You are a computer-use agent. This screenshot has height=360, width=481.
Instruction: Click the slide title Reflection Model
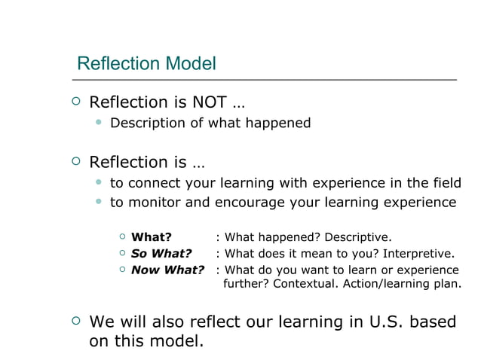coord(146,63)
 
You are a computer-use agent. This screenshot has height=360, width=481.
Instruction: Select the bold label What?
coord(152,238)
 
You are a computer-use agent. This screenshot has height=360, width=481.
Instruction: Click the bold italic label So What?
coord(161,254)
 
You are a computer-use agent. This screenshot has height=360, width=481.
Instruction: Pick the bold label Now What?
coord(167,270)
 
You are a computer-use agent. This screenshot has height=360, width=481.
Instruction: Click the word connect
coord(155,183)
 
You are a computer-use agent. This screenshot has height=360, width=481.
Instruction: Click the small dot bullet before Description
coord(98,122)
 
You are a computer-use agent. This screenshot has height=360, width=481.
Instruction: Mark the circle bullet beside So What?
coord(123,254)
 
